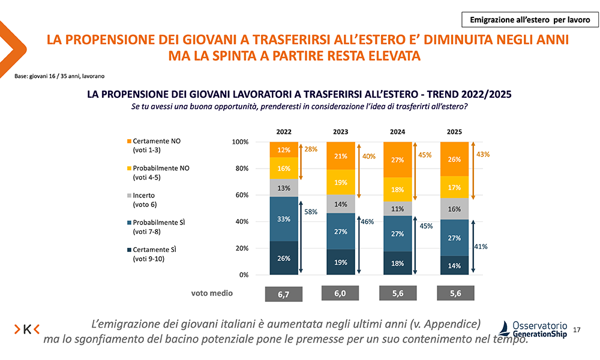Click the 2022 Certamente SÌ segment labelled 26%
pos(284,258)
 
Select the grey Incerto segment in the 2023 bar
pos(341,204)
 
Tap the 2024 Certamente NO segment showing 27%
pos(397,160)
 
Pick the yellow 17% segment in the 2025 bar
pos(454,187)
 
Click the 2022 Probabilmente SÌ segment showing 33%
pos(284,219)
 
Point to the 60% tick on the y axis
pos(240,195)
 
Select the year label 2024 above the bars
pos(397,131)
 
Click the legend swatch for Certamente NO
pos(128,142)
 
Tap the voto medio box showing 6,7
pos(284,294)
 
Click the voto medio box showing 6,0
pos(341,293)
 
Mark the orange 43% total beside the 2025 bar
pos(482,154)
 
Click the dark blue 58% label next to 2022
pos(311,212)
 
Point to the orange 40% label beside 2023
pos(368,156)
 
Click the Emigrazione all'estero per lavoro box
pos(530,20)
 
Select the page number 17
pos(577,330)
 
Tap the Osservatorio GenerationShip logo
pos(534,329)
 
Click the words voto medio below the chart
pos(212,293)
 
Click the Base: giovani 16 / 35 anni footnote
pos(59,77)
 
